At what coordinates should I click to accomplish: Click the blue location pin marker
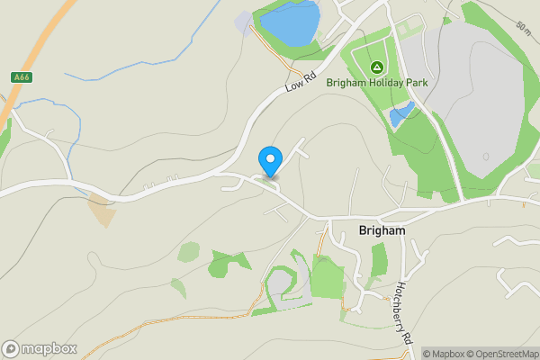click(x=270, y=161)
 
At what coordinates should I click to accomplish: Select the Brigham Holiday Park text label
click(x=388, y=84)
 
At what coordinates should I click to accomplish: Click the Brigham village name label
click(x=382, y=229)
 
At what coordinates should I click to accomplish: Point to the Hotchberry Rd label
click(x=401, y=312)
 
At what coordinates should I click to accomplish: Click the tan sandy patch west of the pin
click(x=102, y=210)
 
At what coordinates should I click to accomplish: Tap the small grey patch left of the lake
click(x=243, y=23)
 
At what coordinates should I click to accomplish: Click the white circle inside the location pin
click(x=270, y=157)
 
